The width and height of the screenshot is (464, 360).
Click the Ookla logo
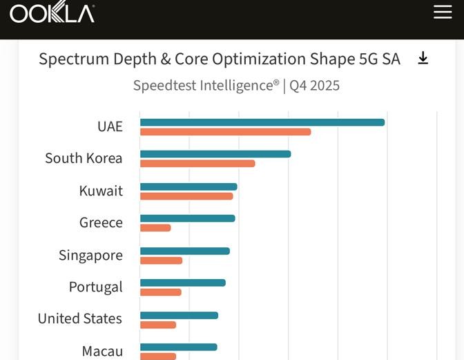52,12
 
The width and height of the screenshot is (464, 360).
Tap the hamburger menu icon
443,12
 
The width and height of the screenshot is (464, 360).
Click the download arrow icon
423,59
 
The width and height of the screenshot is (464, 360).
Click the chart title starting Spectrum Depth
219,59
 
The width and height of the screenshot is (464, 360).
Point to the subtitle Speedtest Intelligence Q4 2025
236,86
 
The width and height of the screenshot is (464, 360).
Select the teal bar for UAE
262,122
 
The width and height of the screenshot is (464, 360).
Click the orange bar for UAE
225,132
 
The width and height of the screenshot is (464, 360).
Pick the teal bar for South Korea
215,154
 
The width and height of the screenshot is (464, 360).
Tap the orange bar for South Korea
197,164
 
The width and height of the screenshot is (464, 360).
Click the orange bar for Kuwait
186,196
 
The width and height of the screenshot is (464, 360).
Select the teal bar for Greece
188,218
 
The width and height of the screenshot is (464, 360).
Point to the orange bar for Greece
155,228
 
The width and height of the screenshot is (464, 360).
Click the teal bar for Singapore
185,251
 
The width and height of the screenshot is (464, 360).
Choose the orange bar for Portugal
161,292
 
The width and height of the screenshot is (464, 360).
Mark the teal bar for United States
179,315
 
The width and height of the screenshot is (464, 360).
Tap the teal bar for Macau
179,347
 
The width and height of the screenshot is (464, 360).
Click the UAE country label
110,126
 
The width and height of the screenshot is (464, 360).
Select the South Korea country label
84,158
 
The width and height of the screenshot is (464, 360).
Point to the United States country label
79,319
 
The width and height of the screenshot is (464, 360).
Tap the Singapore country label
90,255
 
